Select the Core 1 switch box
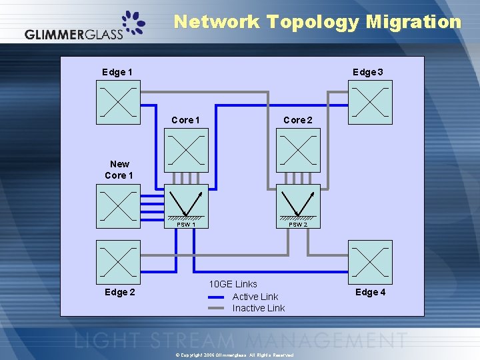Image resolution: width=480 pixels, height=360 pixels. (x=186, y=150)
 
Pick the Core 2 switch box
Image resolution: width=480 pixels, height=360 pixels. (x=298, y=150)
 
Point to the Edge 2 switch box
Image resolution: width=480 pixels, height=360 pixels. (x=118, y=262)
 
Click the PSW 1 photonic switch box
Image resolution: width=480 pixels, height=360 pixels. (x=186, y=204)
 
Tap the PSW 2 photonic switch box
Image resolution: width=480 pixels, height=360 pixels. (x=298, y=204)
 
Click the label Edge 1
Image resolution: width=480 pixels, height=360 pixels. (x=117, y=72)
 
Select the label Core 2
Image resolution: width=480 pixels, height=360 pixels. (x=297, y=120)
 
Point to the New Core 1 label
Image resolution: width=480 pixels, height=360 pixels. (x=119, y=169)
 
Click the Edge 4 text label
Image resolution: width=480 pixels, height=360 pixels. (x=371, y=292)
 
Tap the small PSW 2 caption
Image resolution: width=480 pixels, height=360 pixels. (x=298, y=225)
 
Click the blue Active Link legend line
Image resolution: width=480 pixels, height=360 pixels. (x=216, y=297)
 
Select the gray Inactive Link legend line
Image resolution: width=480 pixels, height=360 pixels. (x=216, y=308)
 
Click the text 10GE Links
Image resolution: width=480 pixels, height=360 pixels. (x=233, y=284)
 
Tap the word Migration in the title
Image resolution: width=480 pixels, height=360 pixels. (x=413, y=22)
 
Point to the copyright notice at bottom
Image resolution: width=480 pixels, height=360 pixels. (x=239, y=355)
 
